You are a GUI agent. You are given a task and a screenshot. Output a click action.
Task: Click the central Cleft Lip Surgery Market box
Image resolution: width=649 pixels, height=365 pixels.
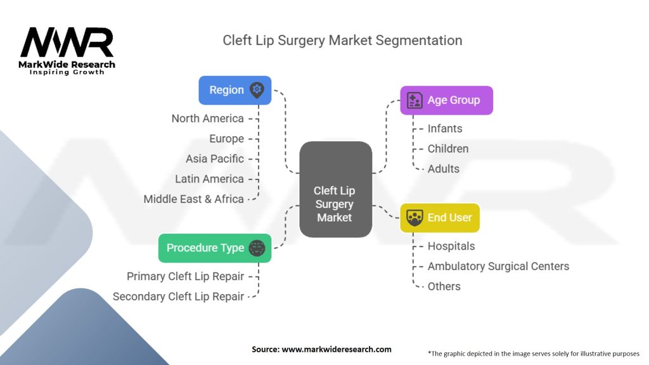tap(335, 189)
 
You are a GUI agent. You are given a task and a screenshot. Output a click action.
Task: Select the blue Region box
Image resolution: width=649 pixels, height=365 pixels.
tap(235, 90)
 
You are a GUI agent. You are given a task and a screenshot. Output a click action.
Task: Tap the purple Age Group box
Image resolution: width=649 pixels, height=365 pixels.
tap(446, 100)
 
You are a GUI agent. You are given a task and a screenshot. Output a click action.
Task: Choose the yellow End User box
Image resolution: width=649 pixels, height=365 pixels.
tap(440, 217)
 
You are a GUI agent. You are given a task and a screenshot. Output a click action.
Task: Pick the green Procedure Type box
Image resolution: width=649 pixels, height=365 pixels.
tap(214, 248)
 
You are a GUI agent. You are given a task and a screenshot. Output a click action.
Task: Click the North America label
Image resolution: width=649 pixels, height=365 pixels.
tap(207, 118)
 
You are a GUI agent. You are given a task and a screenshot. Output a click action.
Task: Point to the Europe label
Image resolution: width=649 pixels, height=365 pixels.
tap(226, 139)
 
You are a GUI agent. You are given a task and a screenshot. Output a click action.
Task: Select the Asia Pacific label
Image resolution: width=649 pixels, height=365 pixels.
tap(214, 159)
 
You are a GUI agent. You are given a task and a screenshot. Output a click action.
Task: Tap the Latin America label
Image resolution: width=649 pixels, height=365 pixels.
tap(209, 179)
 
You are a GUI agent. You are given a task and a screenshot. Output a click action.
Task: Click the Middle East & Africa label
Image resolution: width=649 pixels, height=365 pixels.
tap(193, 199)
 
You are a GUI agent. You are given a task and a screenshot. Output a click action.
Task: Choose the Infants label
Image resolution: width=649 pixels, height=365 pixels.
tap(445, 129)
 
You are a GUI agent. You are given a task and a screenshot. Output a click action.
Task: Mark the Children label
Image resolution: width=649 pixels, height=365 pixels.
tap(448, 149)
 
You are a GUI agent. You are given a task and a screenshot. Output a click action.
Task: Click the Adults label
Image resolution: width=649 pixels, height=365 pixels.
tap(444, 169)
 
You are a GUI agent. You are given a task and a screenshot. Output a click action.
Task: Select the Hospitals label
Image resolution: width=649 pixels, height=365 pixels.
tap(451, 246)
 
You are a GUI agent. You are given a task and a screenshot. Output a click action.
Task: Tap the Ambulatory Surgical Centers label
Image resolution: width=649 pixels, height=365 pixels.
tap(498, 266)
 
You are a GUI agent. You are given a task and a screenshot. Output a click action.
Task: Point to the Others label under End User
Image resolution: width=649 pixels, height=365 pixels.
tap(444, 286)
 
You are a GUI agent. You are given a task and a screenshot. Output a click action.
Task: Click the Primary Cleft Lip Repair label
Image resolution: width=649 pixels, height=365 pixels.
tap(185, 276)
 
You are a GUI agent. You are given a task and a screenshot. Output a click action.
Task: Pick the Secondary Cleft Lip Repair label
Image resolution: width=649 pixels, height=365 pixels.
tap(178, 297)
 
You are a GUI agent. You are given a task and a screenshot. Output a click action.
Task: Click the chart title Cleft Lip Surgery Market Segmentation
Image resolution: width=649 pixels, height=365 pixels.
tap(342, 41)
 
